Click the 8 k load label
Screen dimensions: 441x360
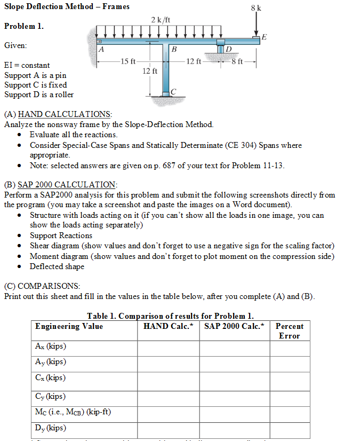click(256, 7)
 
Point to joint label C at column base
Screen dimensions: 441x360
click(172, 92)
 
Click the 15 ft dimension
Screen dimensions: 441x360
click(129, 61)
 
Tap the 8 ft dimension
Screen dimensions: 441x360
click(237, 61)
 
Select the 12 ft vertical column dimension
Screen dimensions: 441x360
click(150, 70)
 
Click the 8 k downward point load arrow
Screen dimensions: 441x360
click(257, 23)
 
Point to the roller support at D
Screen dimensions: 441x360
click(220, 47)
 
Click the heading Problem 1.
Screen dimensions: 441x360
click(24, 26)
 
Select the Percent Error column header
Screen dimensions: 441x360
click(289, 331)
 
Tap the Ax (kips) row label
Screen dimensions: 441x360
click(50, 346)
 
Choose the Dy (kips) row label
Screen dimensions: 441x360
click(50, 428)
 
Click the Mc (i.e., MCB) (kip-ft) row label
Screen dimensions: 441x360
click(73, 412)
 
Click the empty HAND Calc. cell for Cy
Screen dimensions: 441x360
click(169, 396)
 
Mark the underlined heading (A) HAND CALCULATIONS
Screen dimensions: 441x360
click(58, 114)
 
